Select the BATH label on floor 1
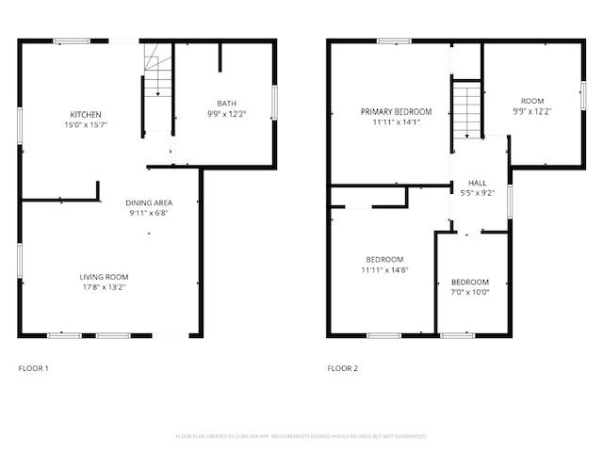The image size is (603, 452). (x=226, y=104)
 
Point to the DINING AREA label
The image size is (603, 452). (x=148, y=202)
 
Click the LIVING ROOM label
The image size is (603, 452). (x=104, y=276)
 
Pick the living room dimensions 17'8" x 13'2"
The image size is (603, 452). (x=104, y=286)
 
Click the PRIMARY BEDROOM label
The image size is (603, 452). (x=389, y=111)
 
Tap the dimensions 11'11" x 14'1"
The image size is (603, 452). (x=389, y=121)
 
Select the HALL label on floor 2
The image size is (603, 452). (x=477, y=184)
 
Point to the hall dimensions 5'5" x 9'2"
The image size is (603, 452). (x=477, y=193)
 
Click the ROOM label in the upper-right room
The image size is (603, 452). (x=532, y=101)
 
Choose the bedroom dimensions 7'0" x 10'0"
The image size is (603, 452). (x=469, y=292)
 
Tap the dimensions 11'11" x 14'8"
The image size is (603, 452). (x=384, y=270)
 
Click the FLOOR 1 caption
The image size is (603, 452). (x=34, y=367)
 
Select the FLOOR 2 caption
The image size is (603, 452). (x=343, y=367)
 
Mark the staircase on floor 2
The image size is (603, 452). (x=466, y=110)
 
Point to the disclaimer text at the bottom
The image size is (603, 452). (x=301, y=436)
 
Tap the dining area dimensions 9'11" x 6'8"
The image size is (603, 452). (x=148, y=213)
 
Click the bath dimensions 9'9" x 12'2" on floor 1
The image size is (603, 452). (x=226, y=113)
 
